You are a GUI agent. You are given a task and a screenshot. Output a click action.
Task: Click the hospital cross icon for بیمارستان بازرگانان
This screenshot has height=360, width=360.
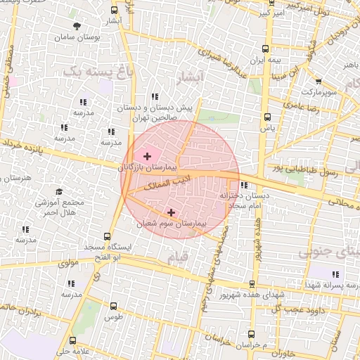(x=147, y=155)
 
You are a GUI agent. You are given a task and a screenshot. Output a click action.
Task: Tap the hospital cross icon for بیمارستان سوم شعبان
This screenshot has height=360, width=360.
(x=171, y=211)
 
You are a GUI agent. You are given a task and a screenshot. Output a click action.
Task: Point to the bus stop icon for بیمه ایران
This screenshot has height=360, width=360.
(x=265, y=49)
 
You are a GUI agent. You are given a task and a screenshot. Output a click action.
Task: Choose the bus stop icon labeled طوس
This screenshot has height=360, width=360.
(x=115, y=306)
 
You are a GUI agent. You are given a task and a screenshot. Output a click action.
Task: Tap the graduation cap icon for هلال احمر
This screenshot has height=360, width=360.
(x=59, y=191)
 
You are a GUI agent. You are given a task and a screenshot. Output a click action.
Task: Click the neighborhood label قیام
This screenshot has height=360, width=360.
(x=178, y=259)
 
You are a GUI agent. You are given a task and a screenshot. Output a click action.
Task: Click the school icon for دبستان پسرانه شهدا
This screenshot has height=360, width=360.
(x=333, y=273)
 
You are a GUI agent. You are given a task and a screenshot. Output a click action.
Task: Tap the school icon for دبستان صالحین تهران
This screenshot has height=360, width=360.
(x=154, y=97)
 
